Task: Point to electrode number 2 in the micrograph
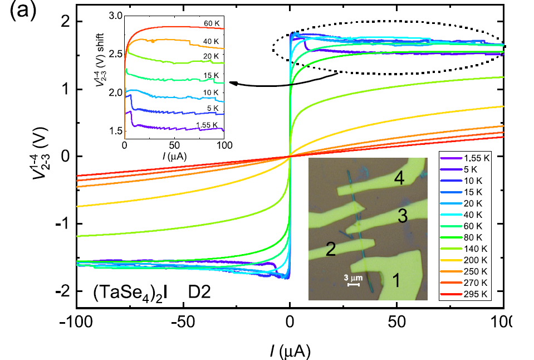(330, 249)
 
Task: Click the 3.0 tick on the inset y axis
(114, 16)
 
